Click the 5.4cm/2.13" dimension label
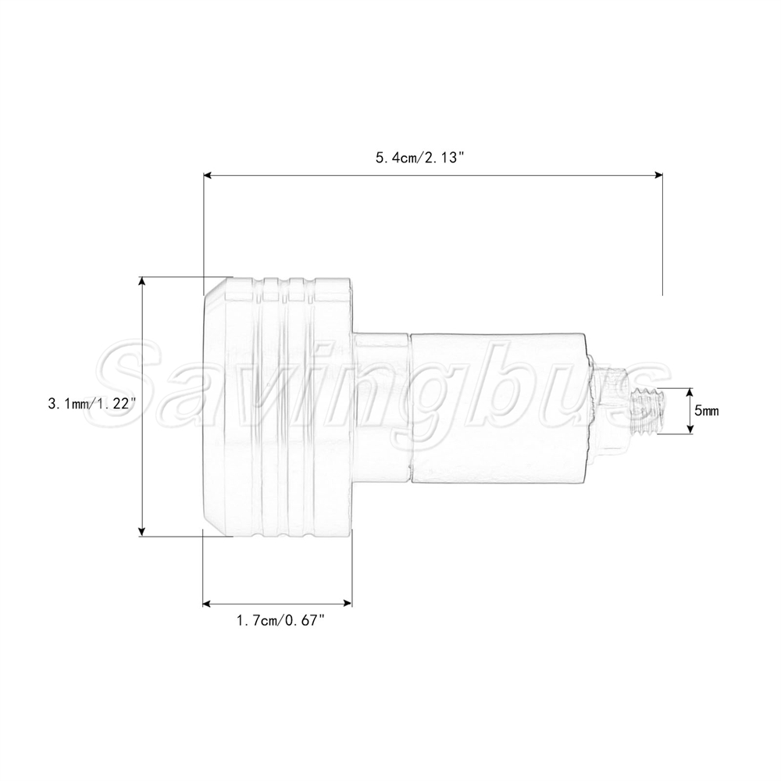(x=420, y=158)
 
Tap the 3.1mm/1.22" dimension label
(x=92, y=404)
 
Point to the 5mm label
(x=707, y=411)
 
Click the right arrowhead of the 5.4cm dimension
(x=658, y=175)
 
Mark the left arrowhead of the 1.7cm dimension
(x=207, y=604)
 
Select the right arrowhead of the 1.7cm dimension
(x=348, y=604)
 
